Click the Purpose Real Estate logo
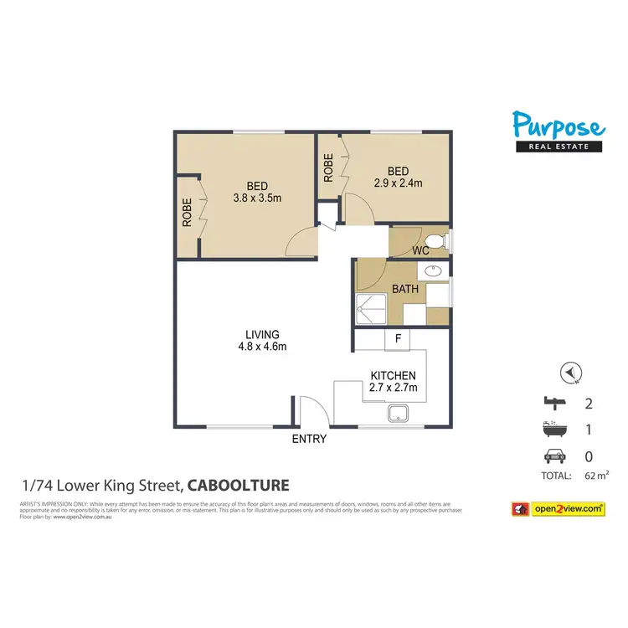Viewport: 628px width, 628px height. [x=559, y=132]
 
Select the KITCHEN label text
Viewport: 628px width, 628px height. [x=394, y=376]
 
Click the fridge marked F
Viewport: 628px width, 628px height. [x=398, y=339]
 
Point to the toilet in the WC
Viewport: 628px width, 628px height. [x=443, y=242]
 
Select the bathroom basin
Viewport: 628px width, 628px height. [x=433, y=271]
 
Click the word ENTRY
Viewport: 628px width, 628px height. [x=309, y=439]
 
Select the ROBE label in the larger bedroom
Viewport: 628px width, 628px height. [x=188, y=213]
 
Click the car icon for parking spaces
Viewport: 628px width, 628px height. [x=553, y=457]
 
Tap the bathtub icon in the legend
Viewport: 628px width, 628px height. [x=553, y=430]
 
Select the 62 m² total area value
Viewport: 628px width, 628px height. [x=583, y=476]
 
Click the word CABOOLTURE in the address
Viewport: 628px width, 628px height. [x=239, y=485]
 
